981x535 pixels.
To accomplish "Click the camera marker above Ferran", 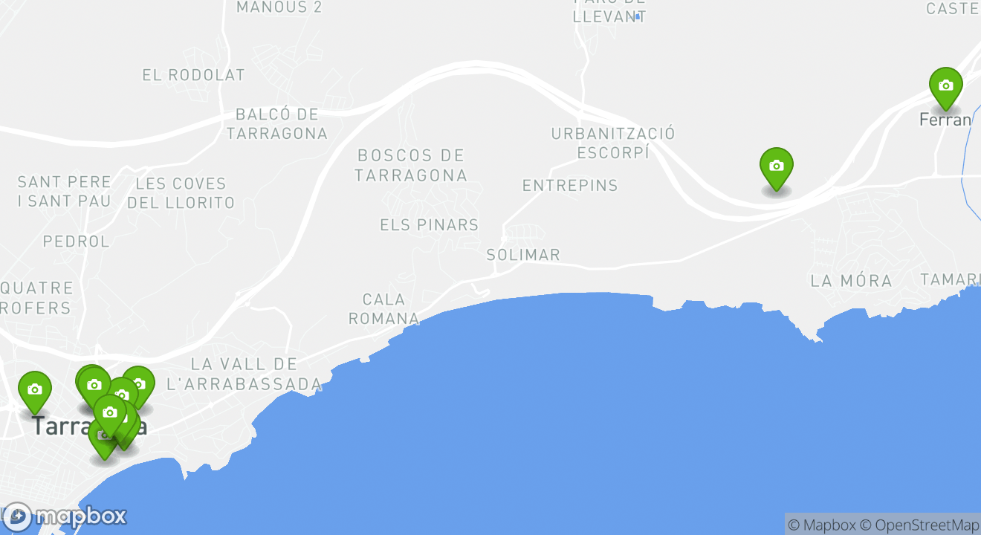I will click(x=945, y=86).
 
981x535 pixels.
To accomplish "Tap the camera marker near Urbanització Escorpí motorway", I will click(x=776, y=166).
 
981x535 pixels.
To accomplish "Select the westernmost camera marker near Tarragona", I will click(x=34, y=390).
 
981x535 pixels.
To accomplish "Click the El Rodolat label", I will click(x=193, y=75).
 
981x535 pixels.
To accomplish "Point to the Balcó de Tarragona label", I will click(x=276, y=124).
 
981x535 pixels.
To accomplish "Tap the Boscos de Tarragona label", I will click(x=410, y=166).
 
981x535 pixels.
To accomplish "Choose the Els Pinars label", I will click(x=429, y=225).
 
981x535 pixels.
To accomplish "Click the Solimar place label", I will click(x=523, y=255).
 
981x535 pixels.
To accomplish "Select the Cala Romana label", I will click(x=383, y=309).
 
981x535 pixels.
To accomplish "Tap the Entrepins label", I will click(x=570, y=186).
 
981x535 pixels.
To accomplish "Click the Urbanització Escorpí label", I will click(x=613, y=143).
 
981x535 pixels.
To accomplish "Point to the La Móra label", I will click(x=851, y=281).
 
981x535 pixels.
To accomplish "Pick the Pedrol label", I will click(x=76, y=241).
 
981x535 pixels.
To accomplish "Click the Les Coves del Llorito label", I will click(x=181, y=193).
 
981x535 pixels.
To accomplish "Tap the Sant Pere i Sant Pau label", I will click(x=64, y=192).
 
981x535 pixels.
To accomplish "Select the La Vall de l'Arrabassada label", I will click(x=245, y=374).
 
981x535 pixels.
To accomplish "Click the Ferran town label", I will click(x=945, y=120).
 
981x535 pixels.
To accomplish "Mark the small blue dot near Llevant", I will click(x=637, y=16).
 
